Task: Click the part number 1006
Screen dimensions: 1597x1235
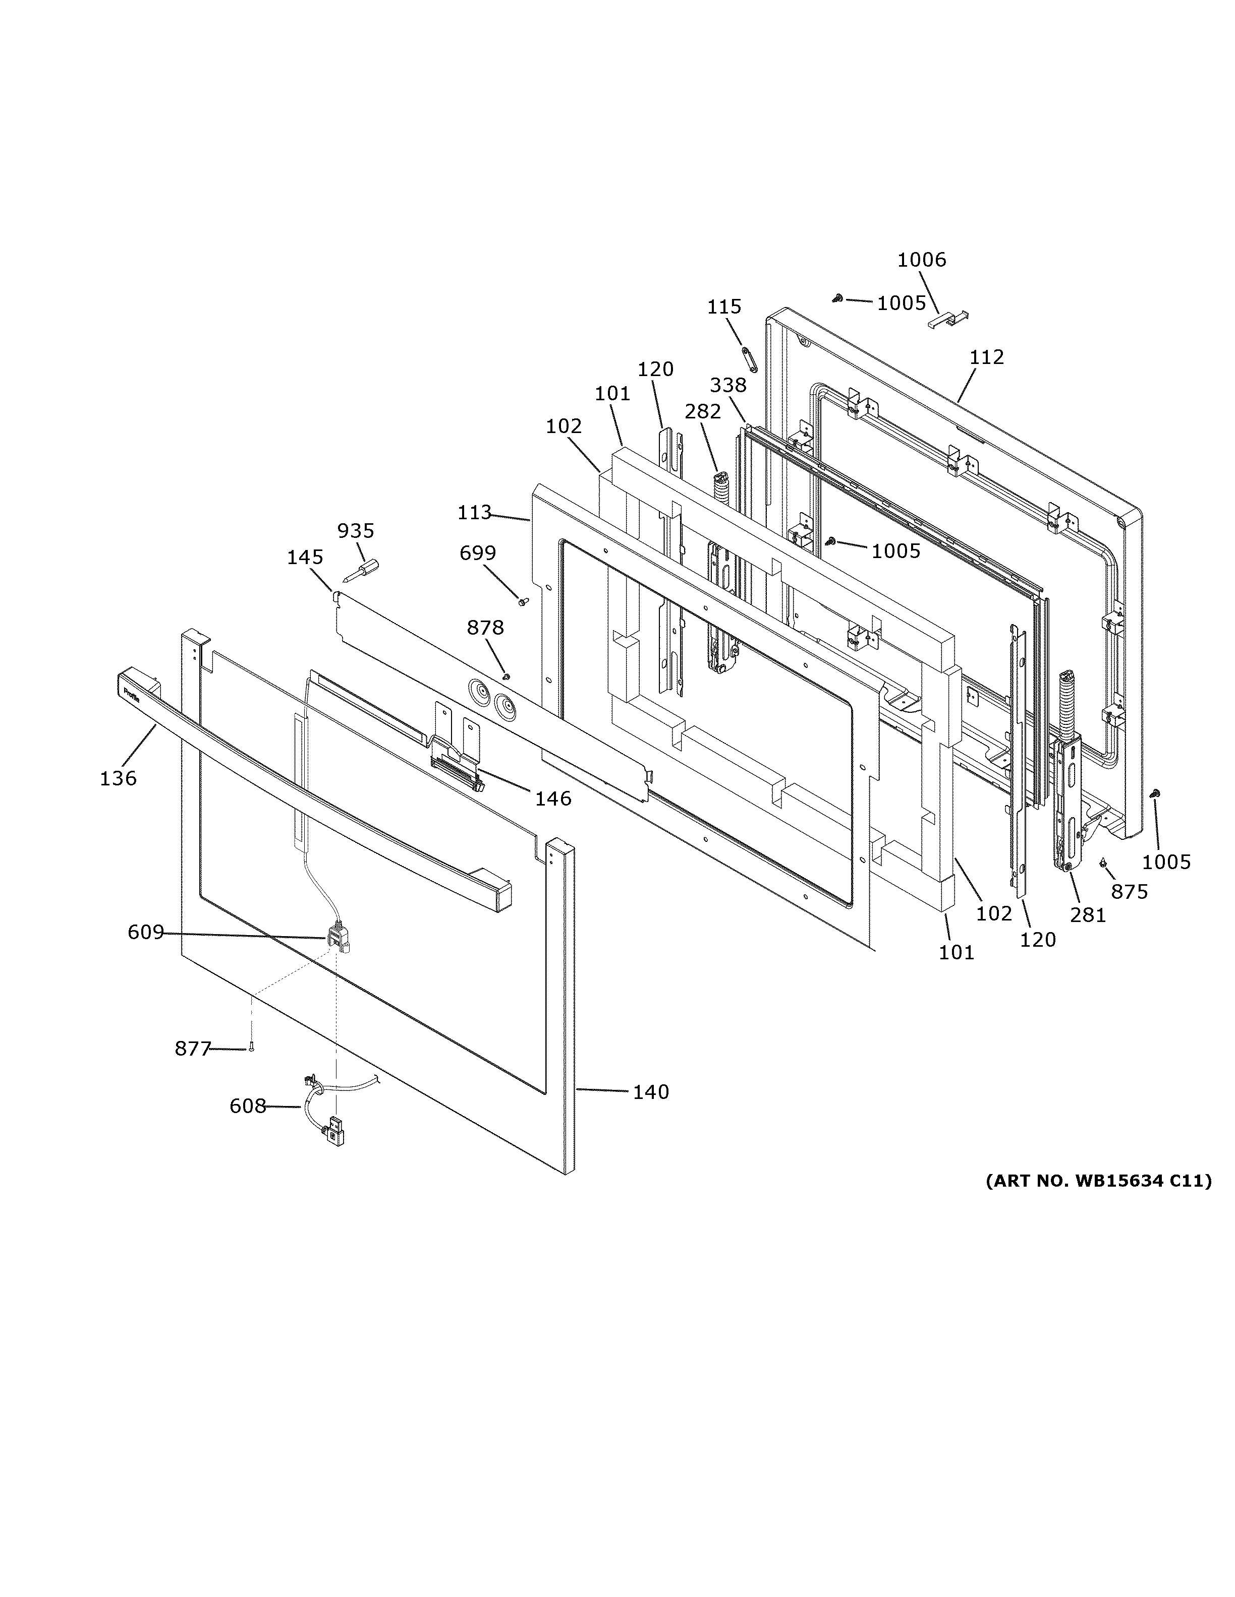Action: tap(921, 260)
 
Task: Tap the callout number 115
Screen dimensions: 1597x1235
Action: tap(723, 306)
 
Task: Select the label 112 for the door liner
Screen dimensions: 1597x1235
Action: tap(986, 357)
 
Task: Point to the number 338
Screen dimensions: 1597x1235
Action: tap(727, 385)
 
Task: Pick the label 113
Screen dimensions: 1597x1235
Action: tap(474, 513)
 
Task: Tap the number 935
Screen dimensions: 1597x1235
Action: tap(356, 530)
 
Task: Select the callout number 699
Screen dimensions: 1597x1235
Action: tap(478, 553)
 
